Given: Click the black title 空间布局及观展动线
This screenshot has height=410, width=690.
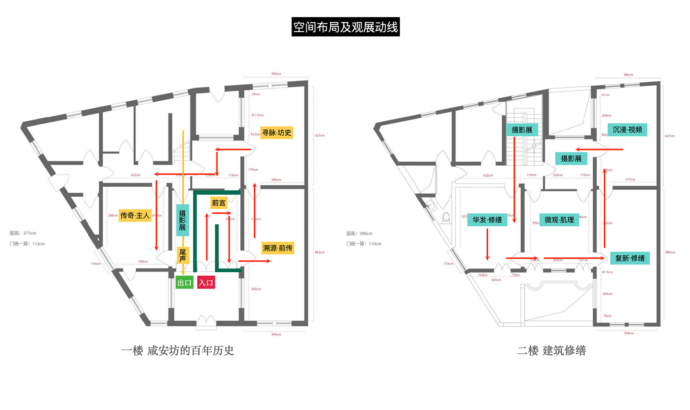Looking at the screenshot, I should [x=345, y=27].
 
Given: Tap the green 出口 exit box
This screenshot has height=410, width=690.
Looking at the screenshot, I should [x=184, y=282].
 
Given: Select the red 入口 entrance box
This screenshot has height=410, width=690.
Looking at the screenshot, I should [x=206, y=282].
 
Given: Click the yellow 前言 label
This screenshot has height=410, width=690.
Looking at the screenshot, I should [x=219, y=203].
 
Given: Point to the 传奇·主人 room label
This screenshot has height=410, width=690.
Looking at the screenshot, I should [x=135, y=215].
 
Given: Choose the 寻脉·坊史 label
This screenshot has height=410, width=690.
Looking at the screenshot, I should [x=276, y=132].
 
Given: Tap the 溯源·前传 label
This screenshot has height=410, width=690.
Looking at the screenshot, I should [x=278, y=248].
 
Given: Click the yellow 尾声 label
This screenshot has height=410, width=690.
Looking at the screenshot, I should [x=182, y=255].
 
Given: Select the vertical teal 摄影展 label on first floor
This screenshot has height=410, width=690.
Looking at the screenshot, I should [x=182, y=220].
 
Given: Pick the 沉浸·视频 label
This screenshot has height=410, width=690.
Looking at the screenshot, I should [x=627, y=130].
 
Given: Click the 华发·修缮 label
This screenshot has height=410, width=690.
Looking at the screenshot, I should [x=487, y=220].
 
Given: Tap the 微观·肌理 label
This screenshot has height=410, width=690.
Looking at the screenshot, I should [x=559, y=220].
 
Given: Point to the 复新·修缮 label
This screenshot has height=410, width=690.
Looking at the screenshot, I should [x=629, y=258].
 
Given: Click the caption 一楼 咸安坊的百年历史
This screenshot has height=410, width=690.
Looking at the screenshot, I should [x=178, y=351].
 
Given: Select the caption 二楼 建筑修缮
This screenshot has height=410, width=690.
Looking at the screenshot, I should [x=551, y=351].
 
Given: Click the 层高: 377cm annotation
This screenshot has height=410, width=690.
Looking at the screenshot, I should [x=23, y=233].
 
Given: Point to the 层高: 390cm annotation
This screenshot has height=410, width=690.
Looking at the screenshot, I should [x=359, y=234].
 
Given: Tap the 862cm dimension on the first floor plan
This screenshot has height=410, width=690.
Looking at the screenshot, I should [x=320, y=252].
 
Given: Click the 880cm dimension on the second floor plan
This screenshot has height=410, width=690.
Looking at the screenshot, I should [x=670, y=252].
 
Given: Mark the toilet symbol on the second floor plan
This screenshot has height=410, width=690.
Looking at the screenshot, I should [x=446, y=217].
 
